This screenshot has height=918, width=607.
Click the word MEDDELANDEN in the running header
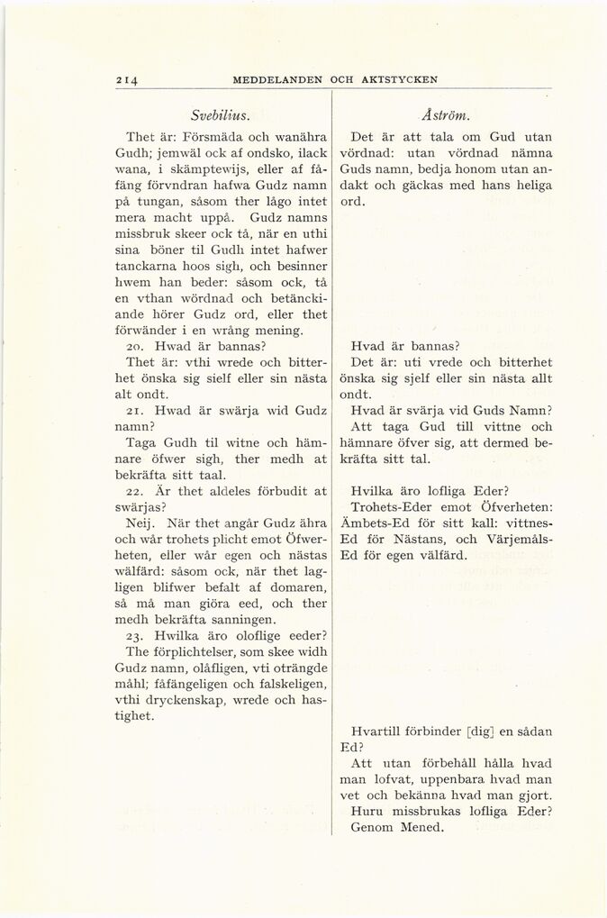(277, 79)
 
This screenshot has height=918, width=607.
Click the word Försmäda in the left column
(213, 138)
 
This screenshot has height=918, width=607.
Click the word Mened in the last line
(420, 828)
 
